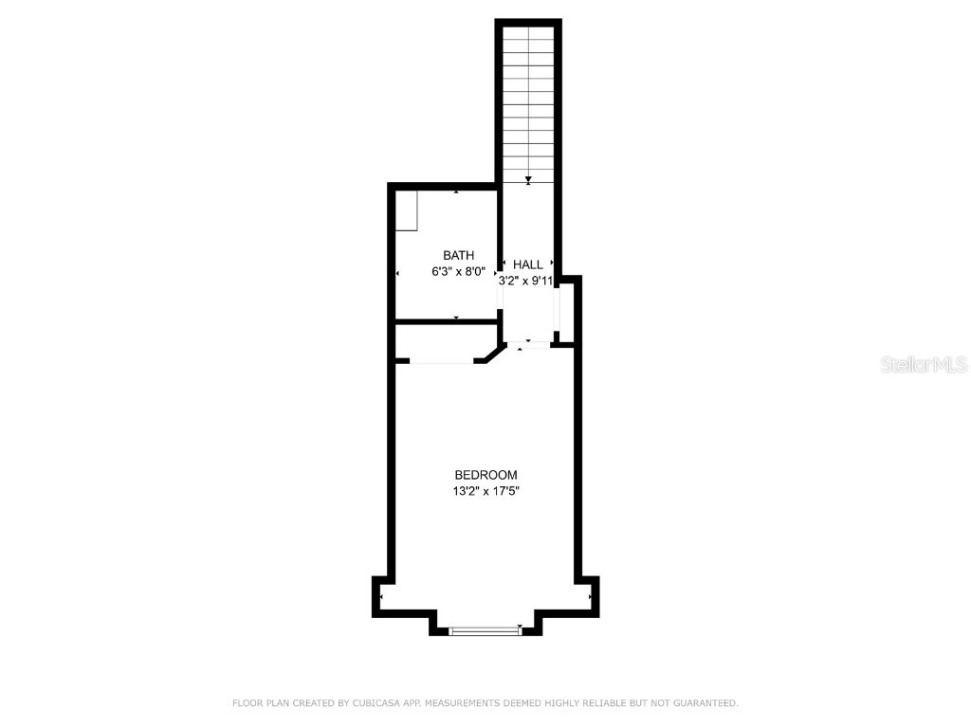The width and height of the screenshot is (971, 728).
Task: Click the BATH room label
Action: pos(459,255)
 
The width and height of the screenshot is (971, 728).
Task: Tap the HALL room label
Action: pos(528,264)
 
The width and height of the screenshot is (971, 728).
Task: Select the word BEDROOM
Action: pos(485,475)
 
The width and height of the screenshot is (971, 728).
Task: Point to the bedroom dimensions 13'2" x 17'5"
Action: pos(485,491)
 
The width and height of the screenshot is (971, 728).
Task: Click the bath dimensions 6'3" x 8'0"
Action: pos(458,271)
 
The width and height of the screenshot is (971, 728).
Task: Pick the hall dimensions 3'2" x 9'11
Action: pos(526,281)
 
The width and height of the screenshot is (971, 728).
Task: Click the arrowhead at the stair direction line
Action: pos(528,180)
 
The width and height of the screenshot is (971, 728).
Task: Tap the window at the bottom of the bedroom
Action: pos(485,629)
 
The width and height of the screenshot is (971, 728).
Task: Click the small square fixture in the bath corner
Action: pos(407,210)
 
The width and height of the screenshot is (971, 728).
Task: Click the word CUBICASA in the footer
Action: pos(376,703)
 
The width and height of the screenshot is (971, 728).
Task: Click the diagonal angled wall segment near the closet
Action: pos(492,354)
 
